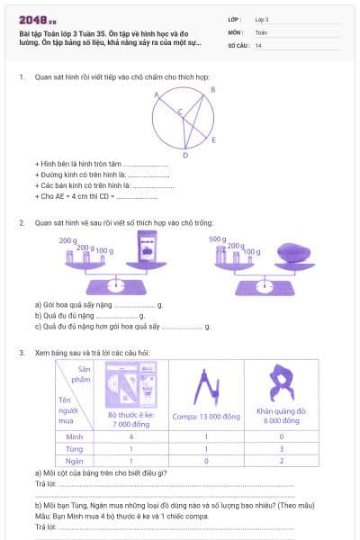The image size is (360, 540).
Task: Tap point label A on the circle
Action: click(157, 94)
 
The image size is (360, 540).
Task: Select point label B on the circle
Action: click(212, 90)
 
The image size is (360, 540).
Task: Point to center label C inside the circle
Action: click(179, 112)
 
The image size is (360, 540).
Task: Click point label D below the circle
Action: click(184, 156)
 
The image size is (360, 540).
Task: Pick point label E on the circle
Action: click(213, 140)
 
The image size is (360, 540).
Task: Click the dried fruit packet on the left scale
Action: click(145, 249)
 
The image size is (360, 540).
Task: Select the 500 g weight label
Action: click(216, 239)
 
